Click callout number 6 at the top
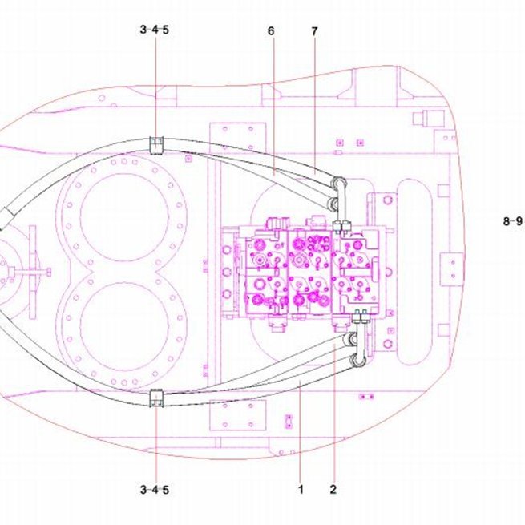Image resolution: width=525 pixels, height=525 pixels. point(271,31)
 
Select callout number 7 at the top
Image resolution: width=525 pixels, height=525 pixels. point(314,31)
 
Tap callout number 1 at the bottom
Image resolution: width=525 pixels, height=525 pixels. point(301,489)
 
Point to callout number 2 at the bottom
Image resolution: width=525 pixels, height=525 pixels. point(333,489)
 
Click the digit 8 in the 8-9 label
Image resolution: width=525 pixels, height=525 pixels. point(507,221)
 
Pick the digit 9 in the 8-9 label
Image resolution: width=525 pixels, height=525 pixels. point(519,221)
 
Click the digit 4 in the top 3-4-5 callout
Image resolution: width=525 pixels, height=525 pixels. point(155,30)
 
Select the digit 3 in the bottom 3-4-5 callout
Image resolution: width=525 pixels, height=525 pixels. point(143,490)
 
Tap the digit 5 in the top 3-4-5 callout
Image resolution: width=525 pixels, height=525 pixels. point(166,30)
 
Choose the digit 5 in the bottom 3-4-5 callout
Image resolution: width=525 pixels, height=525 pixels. point(166,490)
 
